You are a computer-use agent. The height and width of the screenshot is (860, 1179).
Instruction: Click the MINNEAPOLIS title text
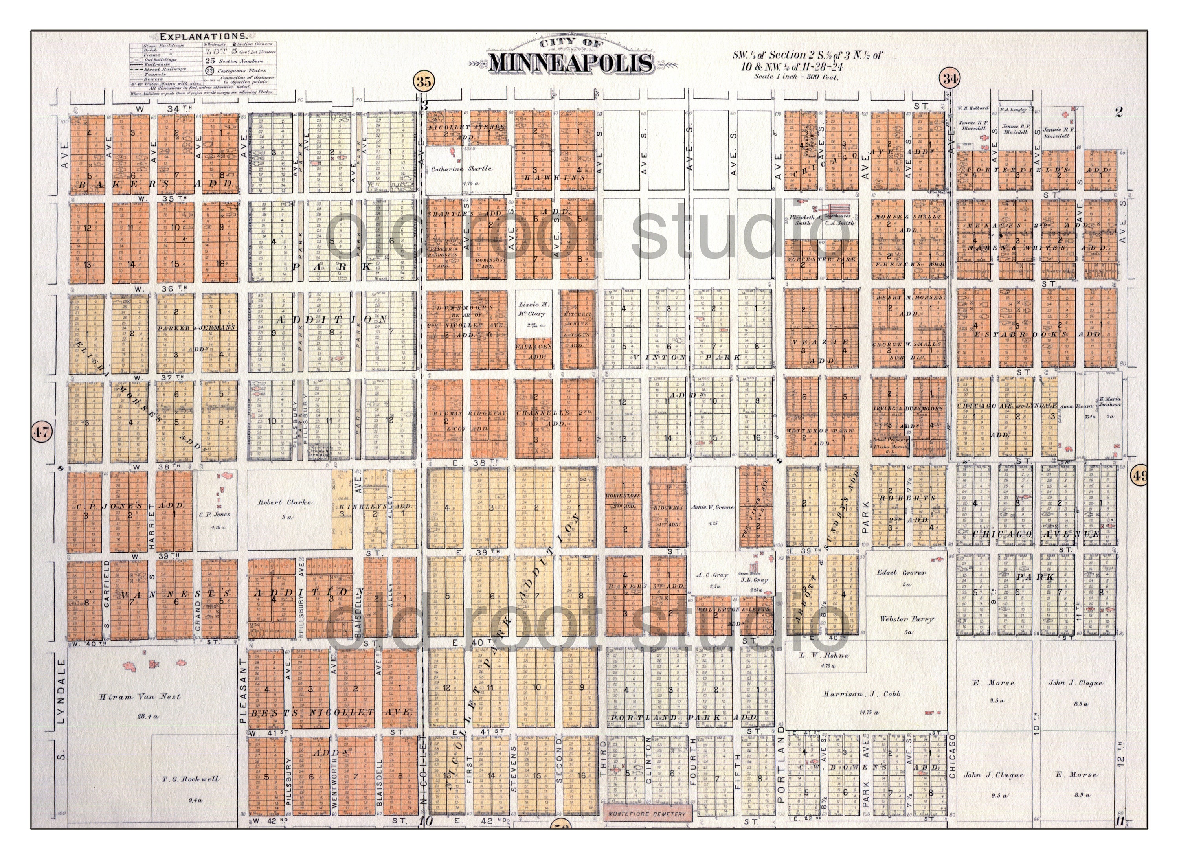[x=571, y=62]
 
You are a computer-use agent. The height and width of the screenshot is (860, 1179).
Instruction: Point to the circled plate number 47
[x=42, y=432]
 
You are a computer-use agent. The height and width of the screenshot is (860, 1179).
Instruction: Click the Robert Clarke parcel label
[x=285, y=502]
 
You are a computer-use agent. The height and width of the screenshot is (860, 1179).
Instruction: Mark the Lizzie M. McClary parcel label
[x=532, y=309]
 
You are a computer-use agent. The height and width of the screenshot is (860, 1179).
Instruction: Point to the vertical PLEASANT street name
[x=242, y=691]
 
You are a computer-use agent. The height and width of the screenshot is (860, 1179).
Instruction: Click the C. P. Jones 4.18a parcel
[x=214, y=515]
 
